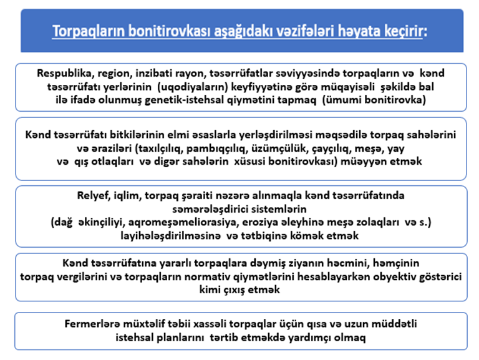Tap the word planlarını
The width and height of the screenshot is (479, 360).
(202, 338)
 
